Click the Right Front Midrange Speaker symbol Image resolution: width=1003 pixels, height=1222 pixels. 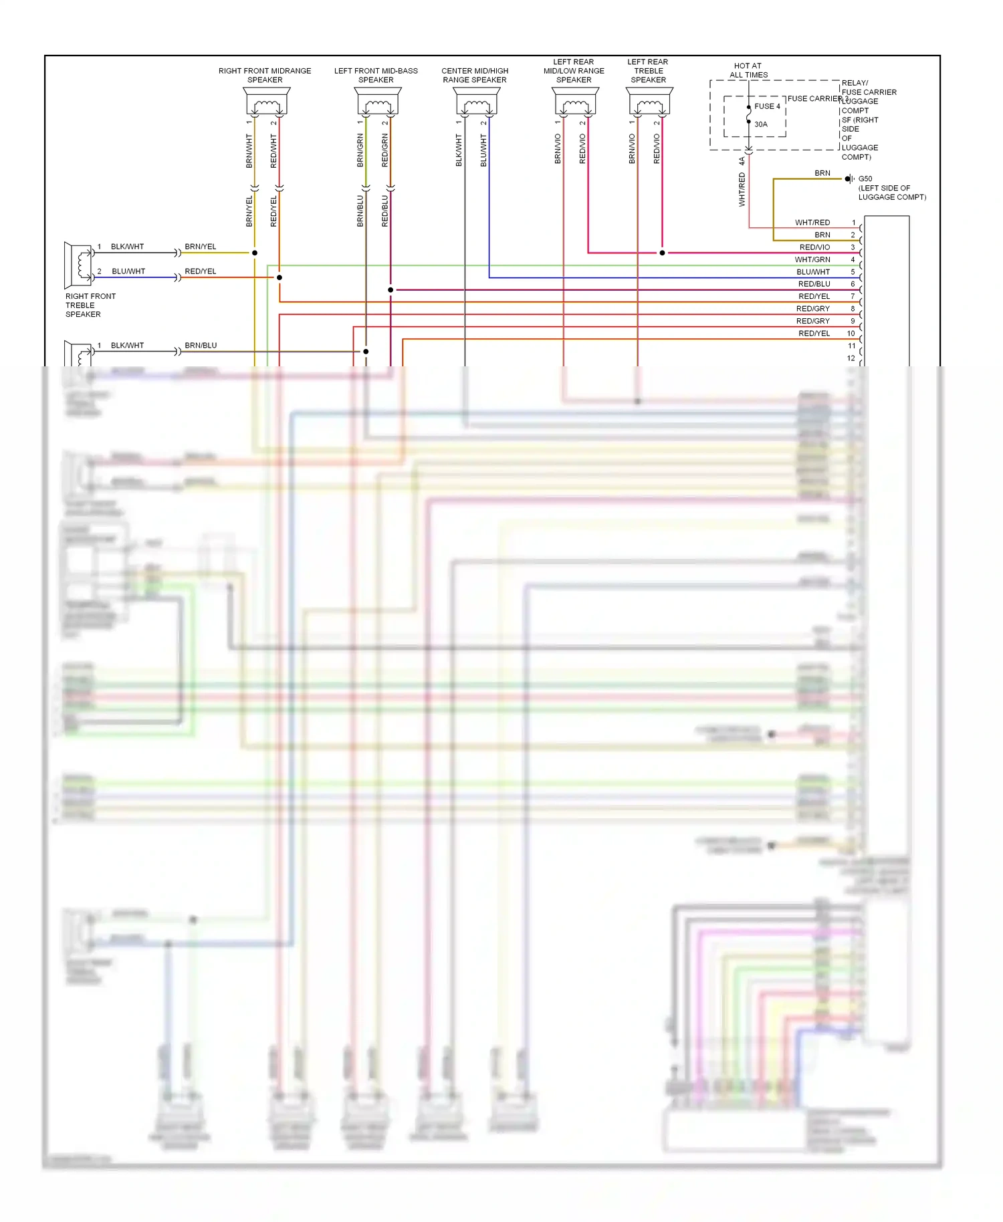pos(267,102)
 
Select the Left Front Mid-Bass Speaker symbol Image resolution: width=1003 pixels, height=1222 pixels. pos(378,102)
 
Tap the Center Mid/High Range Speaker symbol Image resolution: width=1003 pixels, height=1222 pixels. pos(477,102)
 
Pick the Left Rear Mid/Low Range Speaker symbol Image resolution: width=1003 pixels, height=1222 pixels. pos(576,102)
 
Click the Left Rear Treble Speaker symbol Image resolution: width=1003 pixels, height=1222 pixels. pos(650,102)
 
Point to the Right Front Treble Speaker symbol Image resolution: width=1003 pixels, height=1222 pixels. pos(78,265)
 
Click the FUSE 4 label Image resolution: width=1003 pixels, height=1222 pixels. pos(767,106)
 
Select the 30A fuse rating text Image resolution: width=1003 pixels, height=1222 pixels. pos(761,124)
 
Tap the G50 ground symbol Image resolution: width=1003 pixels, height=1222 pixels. pos(849,178)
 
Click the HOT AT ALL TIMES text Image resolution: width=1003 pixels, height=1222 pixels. pos(748,70)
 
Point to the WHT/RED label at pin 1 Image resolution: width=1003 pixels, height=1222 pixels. pos(812,223)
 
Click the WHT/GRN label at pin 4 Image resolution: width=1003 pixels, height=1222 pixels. pos(812,259)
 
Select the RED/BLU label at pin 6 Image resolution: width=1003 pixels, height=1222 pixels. pos(814,284)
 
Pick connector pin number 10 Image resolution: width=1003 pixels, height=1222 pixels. pos(851,334)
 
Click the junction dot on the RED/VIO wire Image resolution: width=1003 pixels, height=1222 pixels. pos(662,253)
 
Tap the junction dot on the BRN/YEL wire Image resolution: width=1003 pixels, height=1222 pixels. pos(255,253)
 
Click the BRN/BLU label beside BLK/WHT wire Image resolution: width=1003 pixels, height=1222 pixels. pos(201,346)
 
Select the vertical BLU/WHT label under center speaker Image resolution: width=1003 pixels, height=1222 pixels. pos(483,150)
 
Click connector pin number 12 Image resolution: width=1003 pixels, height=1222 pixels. pos(851,358)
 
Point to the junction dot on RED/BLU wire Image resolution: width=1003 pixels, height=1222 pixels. pos(391,290)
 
